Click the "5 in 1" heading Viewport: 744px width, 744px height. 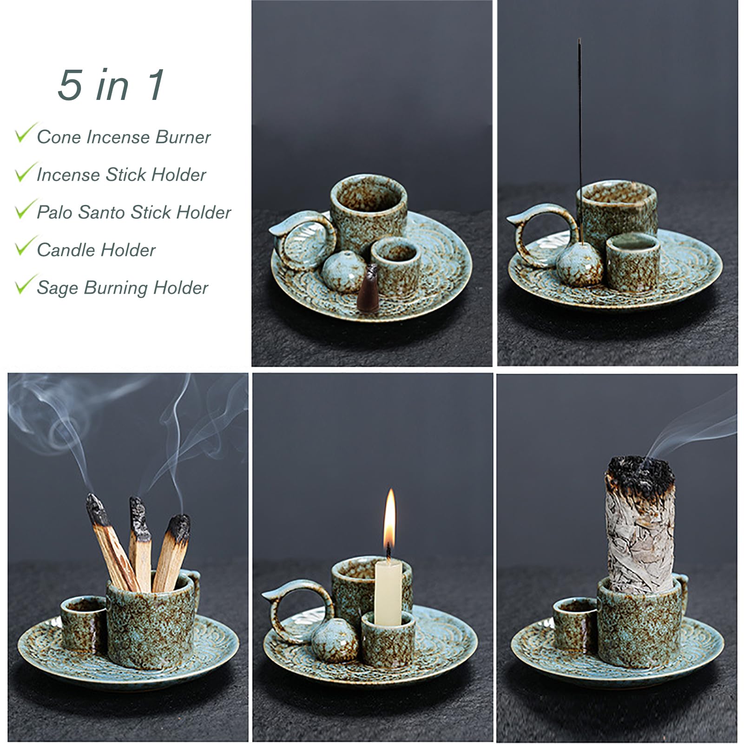pos(112,85)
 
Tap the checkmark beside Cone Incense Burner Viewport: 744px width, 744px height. pos(25,133)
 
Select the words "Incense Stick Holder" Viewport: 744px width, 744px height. pos(121,175)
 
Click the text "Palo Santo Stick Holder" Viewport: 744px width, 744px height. pos(134,212)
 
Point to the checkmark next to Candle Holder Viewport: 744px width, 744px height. pos(25,246)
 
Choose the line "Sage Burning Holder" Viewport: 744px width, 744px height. pos(122,288)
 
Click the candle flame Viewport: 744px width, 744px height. pos(389,519)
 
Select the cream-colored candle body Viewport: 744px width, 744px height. pos(388,593)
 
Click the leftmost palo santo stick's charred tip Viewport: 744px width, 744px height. pos(97,510)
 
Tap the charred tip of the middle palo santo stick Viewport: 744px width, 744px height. pos(139,518)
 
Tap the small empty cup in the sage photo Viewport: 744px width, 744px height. pos(575,625)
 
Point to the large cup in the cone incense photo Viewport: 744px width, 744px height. pos(369,216)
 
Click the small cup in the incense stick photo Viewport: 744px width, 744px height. pos(632,263)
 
